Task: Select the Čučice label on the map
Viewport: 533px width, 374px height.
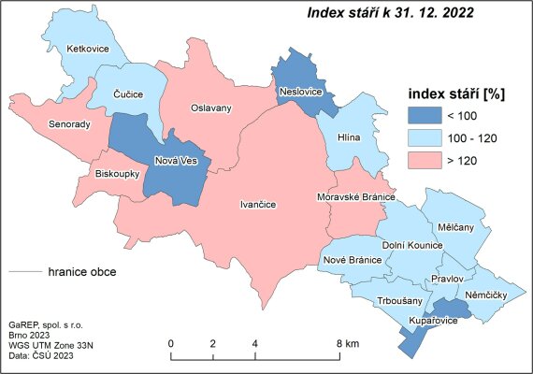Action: (127, 94)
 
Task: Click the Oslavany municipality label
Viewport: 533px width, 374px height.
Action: (210, 108)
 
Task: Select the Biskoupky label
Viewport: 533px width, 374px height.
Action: (118, 174)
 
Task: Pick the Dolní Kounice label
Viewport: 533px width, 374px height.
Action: (412, 245)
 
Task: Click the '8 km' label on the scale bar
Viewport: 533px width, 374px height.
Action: (349, 345)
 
